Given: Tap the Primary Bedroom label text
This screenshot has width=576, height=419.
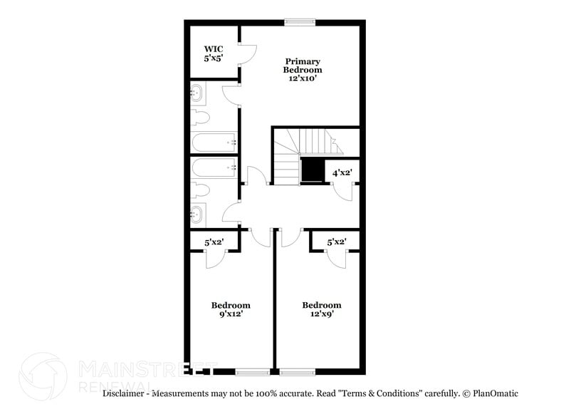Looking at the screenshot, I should (x=303, y=70).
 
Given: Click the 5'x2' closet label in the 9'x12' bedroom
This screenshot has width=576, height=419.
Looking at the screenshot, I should (x=214, y=242).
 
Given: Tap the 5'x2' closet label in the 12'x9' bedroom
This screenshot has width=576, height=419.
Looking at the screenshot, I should (x=336, y=242).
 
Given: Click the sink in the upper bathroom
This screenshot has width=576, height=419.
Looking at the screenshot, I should (x=198, y=93).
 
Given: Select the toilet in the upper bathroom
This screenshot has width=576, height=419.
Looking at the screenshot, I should (x=199, y=118).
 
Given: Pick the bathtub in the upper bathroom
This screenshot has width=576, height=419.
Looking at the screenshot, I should (x=214, y=142).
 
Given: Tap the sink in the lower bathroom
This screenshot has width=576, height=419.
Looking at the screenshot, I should (x=198, y=212).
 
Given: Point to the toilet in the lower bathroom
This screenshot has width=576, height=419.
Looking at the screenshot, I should (x=199, y=190).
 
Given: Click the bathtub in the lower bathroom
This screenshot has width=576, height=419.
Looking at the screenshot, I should (x=214, y=167).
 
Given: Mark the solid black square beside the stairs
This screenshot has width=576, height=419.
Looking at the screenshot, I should (x=312, y=171).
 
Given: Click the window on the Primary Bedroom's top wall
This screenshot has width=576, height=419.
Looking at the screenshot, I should (x=299, y=22).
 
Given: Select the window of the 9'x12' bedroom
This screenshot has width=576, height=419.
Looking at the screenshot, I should (x=252, y=371).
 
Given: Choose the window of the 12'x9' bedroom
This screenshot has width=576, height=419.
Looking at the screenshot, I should (x=297, y=371).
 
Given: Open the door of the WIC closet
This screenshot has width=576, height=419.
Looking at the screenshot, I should (x=246, y=54).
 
